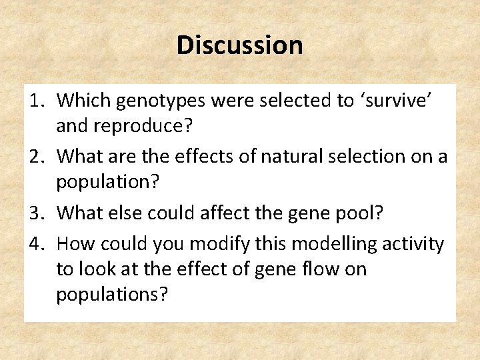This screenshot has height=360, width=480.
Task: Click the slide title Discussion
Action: coord(239,45)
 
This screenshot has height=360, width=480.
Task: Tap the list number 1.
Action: coord(37,101)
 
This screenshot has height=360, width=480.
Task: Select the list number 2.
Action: coord(37,156)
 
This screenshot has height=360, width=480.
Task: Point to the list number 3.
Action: coord(37,213)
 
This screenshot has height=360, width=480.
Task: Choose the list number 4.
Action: coord(37,245)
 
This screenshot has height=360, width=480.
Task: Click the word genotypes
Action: coord(154,101)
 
